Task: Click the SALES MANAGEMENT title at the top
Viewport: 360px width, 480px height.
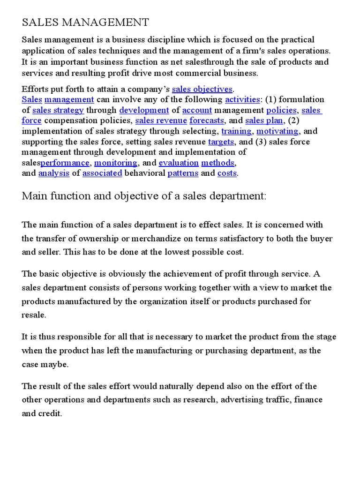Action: tap(85, 22)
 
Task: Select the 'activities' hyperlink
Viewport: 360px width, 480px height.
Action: tap(242, 99)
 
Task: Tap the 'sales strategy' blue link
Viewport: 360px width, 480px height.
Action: tap(58, 110)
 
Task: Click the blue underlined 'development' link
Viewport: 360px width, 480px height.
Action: tap(144, 110)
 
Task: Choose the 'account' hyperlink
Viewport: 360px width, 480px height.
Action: tap(197, 110)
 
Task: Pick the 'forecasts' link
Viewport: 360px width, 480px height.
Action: tap(207, 120)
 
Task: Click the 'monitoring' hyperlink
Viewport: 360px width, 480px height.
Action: tap(116, 163)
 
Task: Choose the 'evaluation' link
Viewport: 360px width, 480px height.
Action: tap(179, 163)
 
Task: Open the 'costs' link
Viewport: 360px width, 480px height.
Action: tap(227, 173)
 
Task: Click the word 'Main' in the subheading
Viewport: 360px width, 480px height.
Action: tap(34, 196)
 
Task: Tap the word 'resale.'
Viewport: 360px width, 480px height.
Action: tap(34, 315)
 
